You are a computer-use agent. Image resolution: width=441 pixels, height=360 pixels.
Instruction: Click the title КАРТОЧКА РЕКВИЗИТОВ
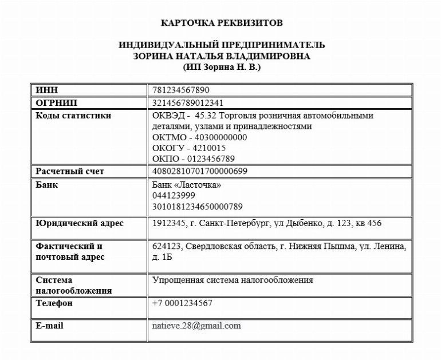[x=221, y=23]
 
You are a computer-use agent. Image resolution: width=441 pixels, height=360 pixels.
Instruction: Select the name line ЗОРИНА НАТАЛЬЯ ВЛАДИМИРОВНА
[x=221, y=56]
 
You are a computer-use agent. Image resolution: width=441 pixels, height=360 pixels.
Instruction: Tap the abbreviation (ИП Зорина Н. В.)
[x=221, y=67]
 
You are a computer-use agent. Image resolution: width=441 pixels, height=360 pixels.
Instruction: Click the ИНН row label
[x=47, y=90]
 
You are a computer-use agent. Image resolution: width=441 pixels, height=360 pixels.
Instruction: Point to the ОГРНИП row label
[x=56, y=103]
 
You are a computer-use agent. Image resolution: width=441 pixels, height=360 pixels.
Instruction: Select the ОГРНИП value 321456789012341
[x=188, y=103]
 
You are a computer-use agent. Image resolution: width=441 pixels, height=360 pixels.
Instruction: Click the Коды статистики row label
[x=73, y=116]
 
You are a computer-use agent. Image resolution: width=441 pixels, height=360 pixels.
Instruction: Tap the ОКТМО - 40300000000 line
[x=199, y=137]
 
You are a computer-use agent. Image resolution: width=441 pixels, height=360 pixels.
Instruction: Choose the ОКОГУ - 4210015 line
[x=189, y=148]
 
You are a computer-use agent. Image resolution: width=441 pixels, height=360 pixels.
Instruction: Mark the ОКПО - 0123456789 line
[x=194, y=159]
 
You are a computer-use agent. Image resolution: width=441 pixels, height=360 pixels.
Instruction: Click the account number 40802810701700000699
[x=200, y=171]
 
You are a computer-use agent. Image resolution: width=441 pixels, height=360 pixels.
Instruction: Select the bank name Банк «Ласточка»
[x=187, y=185]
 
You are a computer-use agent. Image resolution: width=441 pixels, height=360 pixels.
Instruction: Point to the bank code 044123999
[x=174, y=196]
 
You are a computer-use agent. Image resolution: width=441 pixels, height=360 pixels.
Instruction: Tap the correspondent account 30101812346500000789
[x=198, y=207]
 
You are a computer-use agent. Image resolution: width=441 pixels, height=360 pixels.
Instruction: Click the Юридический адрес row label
[x=80, y=223]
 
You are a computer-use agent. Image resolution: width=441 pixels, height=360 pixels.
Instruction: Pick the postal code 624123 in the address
[x=166, y=246]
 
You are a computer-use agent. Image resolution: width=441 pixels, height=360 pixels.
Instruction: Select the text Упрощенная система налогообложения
[x=233, y=280]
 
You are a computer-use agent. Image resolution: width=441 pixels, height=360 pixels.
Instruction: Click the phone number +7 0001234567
[x=182, y=303]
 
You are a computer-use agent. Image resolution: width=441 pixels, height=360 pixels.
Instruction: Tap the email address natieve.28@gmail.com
[x=196, y=326]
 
